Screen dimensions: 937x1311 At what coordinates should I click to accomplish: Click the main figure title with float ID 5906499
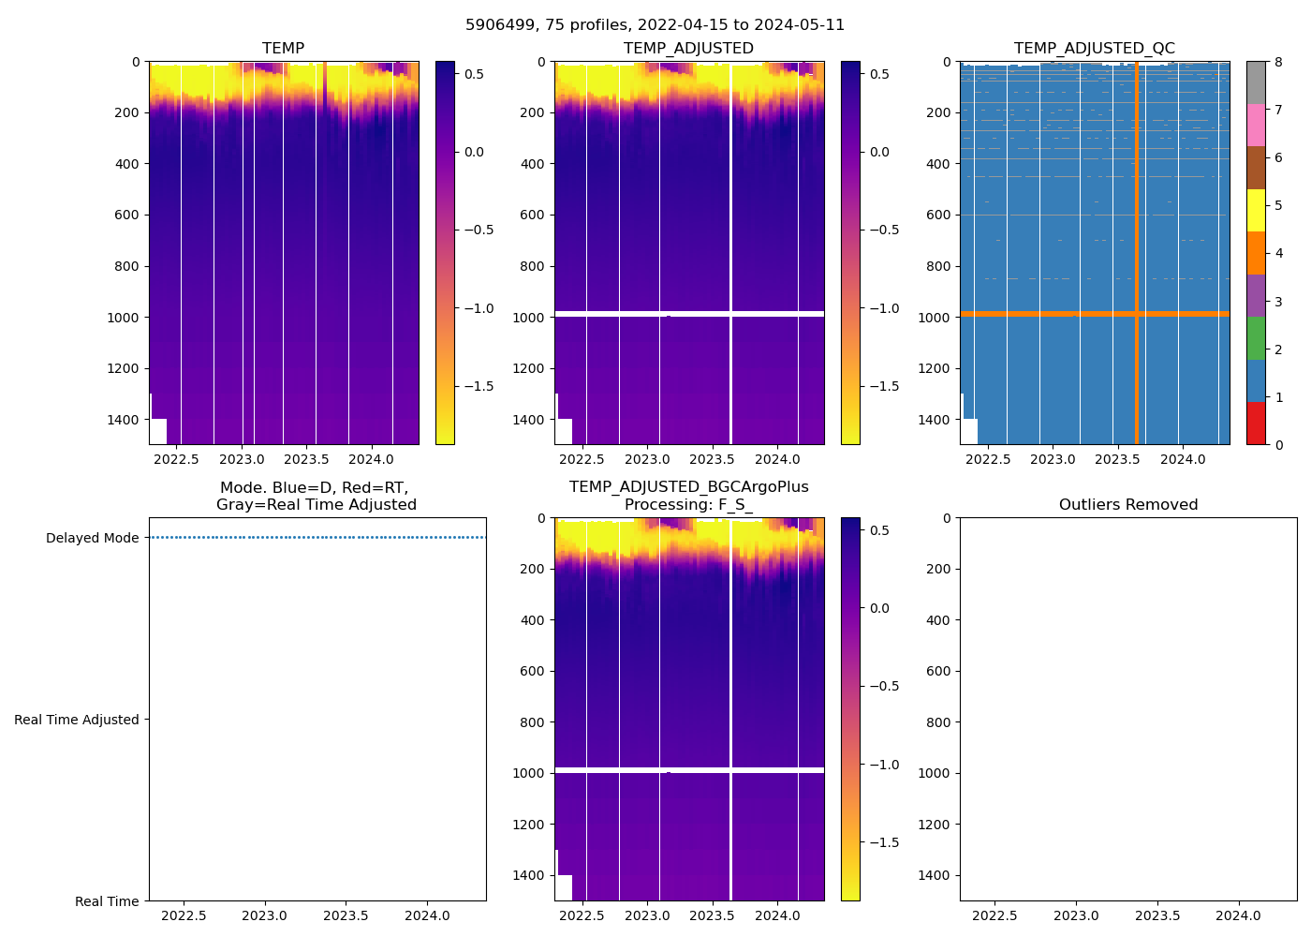pos(655,25)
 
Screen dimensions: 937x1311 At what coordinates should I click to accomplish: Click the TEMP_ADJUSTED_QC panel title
pos(1094,49)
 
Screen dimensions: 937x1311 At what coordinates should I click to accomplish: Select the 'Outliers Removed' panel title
pos(1127,505)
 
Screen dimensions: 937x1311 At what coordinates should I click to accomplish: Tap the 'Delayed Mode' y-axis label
pos(92,538)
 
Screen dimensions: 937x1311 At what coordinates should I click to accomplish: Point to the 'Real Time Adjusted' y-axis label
pos(76,720)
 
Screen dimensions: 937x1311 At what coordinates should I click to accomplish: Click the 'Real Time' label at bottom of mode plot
pos(107,901)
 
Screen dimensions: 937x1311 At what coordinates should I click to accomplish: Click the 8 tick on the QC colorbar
pos(1278,62)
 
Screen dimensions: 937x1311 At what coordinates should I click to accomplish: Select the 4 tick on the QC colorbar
pos(1278,253)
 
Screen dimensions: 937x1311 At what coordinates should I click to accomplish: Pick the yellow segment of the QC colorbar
pos(1256,210)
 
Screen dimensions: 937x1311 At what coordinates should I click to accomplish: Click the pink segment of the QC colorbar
pos(1256,125)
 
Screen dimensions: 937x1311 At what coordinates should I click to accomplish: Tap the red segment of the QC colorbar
pos(1256,424)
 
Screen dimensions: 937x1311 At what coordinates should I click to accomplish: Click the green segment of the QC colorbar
pos(1256,338)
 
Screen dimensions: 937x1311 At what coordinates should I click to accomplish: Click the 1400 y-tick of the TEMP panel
pos(123,420)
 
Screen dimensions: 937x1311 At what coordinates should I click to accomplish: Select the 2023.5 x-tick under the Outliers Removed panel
pos(1157,915)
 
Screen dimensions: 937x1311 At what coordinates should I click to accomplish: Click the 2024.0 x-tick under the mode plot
pos(427,915)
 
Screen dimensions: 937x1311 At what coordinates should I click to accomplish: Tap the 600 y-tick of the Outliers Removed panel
pos(939,671)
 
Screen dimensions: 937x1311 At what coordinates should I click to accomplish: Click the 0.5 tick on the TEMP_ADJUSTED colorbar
pos(881,74)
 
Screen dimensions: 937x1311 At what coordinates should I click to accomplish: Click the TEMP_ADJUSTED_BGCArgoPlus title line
pos(688,487)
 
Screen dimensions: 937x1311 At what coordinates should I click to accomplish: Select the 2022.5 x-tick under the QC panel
pos(988,459)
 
